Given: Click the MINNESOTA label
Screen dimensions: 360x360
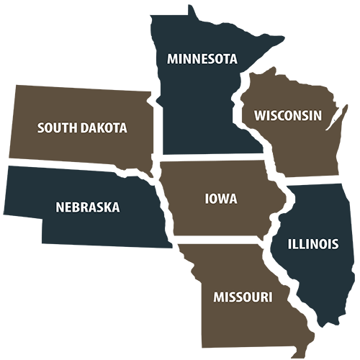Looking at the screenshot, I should click(x=202, y=58).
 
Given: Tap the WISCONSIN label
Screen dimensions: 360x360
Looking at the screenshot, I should click(x=287, y=115).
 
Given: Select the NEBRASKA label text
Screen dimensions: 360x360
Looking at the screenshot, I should click(x=88, y=207).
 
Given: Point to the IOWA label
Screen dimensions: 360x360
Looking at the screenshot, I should click(x=221, y=199).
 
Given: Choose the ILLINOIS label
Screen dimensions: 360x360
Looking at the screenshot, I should click(x=312, y=244).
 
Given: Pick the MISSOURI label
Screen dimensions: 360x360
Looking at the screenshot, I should click(x=243, y=297).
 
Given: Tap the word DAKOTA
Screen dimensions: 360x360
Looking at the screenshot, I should click(x=104, y=128).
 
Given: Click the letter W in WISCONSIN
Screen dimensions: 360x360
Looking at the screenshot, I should click(x=260, y=115).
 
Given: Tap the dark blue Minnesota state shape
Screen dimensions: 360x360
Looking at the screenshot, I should click(x=194, y=108).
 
